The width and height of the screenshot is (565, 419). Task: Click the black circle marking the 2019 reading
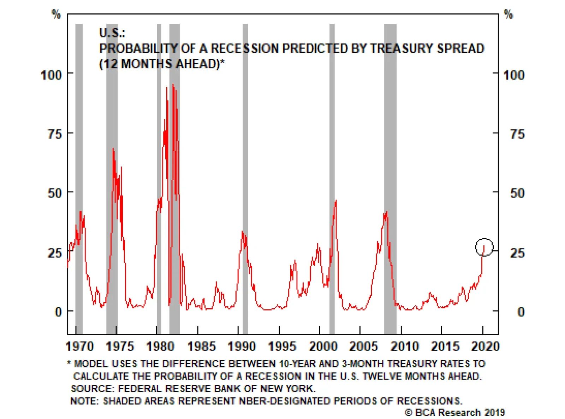tap(484, 247)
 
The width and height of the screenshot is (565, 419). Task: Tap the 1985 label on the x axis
tap(201, 346)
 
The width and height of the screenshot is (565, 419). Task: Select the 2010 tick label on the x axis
tap(404, 346)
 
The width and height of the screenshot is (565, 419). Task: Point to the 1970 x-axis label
tap(80, 346)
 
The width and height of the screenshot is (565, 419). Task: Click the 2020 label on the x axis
tap(485, 346)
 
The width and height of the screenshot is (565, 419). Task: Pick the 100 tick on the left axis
tap(51, 75)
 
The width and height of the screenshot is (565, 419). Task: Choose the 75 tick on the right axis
tap(517, 134)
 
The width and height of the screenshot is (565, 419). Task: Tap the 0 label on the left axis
tap(58, 312)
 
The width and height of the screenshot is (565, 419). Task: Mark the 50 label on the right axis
tap(517, 193)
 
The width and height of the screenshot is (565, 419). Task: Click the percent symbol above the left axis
tap(56, 14)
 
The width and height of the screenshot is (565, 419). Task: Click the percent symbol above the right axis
tap(508, 14)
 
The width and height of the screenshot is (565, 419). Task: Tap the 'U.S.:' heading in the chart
tap(112, 33)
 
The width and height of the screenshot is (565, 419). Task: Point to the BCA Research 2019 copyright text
tap(455, 413)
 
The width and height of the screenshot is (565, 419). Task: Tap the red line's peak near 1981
tap(173, 85)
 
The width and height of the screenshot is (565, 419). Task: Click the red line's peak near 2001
tap(335, 200)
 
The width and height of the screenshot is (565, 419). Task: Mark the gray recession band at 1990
tap(245, 177)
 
